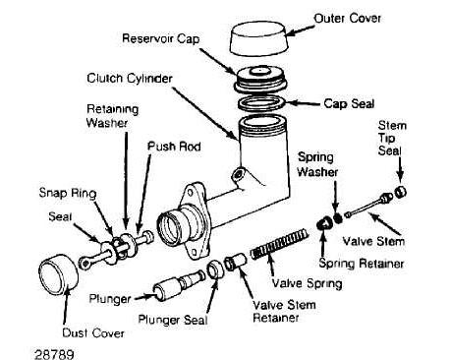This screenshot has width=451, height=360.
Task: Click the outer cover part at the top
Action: [x=258, y=38]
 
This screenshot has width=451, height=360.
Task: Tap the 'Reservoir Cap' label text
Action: [x=160, y=38]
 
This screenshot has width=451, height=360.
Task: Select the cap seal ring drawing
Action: [x=261, y=103]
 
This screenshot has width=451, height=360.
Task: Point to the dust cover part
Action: [x=59, y=272]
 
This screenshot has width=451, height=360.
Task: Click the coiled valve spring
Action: [x=279, y=244]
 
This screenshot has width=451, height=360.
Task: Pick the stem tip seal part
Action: [x=400, y=192]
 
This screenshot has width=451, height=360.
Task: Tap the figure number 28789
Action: [x=54, y=354]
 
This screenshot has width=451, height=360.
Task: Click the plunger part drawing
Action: [x=179, y=284]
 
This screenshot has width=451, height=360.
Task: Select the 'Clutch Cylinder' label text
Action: [x=130, y=79]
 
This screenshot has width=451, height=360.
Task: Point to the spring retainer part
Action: [x=324, y=223]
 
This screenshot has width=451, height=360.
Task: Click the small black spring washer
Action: [x=338, y=217]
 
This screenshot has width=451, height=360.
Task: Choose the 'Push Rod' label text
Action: [x=174, y=147]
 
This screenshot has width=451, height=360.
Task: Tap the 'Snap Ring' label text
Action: [x=68, y=193]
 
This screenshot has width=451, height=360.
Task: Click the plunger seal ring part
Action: [x=216, y=270]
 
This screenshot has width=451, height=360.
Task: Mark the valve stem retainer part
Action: [x=235, y=262]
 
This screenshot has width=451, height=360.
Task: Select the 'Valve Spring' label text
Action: [x=308, y=283]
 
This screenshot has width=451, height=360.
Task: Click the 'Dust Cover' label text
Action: [x=93, y=333]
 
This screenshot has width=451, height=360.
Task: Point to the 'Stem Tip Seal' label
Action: [x=392, y=138]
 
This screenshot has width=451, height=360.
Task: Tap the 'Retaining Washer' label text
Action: [x=112, y=116]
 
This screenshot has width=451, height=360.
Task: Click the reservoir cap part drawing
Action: [x=260, y=80]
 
